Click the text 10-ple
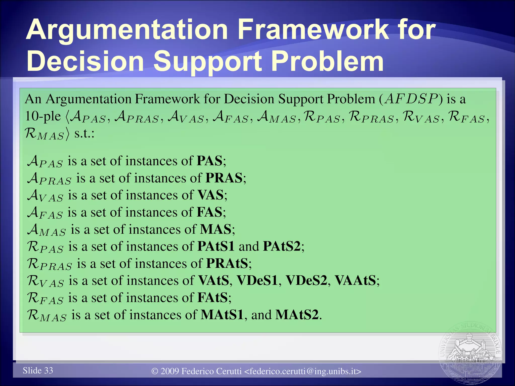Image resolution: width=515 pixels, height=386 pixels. pos(43,116)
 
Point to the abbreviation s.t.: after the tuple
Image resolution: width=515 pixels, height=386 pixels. pos(84,134)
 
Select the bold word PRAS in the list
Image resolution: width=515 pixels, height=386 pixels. pos(224,178)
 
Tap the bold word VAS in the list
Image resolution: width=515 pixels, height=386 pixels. pos(210,195)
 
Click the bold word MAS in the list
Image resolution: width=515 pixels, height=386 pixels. pos(216,229)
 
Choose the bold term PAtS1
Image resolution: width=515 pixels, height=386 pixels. pos(216,247)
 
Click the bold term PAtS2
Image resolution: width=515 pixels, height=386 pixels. pos(282,247)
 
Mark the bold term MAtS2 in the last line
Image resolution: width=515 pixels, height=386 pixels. pos(297,315)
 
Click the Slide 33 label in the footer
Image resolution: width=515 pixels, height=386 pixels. pos(38,370)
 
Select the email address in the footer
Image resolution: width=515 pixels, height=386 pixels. pos(303,371)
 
